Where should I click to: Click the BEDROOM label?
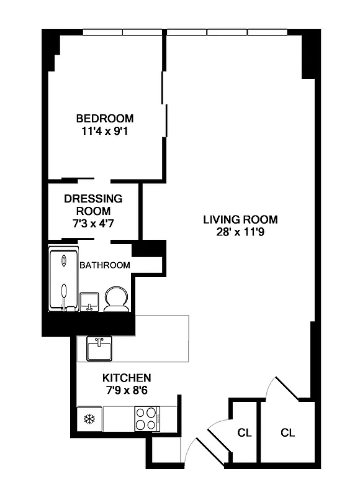tap(104, 118)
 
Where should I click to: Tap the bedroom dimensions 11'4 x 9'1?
tap(104, 131)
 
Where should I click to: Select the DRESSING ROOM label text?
tap(93, 205)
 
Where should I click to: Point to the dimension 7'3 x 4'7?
tap(93, 224)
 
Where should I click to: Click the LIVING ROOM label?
tap(240, 219)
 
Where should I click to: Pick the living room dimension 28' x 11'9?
tap(240, 232)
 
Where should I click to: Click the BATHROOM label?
tap(105, 265)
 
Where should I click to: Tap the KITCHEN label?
tap(127, 377)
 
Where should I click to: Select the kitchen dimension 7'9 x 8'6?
tap(127, 390)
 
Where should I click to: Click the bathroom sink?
tap(90, 301)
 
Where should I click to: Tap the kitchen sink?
tap(99, 349)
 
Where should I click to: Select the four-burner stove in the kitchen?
tap(147, 418)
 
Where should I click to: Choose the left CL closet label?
tap(245, 432)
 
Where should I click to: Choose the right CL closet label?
tap(287, 432)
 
